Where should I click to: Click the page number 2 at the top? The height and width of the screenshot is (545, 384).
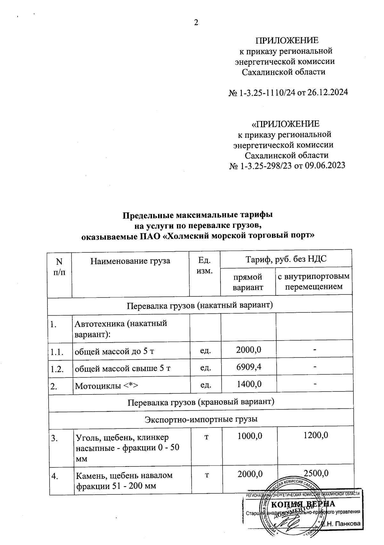tap(196, 22)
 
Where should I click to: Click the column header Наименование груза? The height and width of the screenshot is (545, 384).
tap(130, 261)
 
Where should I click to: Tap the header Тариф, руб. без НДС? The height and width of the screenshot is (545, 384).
tap(286, 259)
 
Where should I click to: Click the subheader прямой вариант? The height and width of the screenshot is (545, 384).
tap(248, 282)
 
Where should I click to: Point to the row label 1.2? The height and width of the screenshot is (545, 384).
tap(57, 369)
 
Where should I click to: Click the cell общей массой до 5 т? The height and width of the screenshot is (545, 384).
tap(114, 351)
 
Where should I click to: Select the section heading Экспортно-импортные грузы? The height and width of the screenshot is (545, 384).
tap(201, 419)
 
